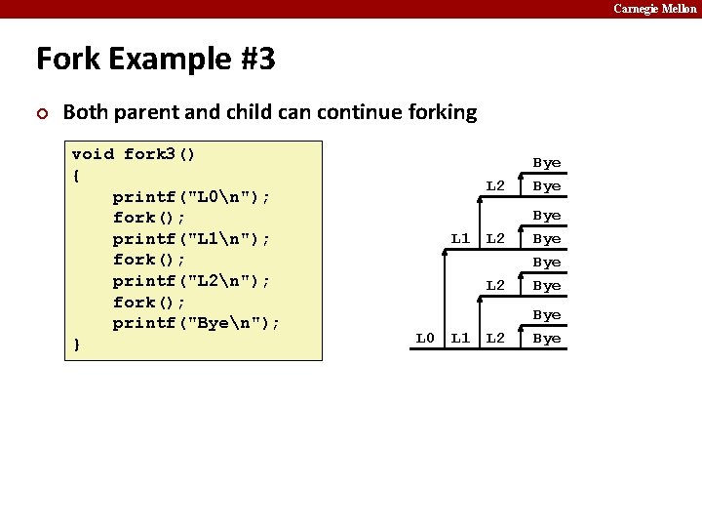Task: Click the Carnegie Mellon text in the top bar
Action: tap(655, 9)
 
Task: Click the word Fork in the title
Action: tap(68, 60)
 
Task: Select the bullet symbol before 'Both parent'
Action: tap(41, 112)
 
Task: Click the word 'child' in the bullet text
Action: tap(269, 112)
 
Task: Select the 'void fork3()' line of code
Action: tap(133, 154)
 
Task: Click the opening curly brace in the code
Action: tap(76, 176)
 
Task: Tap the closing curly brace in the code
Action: tap(76, 345)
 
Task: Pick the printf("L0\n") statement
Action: tap(191, 197)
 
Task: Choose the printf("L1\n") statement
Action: tap(191, 239)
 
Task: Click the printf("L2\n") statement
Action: tap(191, 281)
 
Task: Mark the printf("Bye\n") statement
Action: tap(196, 323)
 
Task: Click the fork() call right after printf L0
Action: tap(149, 218)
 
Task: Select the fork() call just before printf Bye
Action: tap(149, 303)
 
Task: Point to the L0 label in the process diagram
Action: tap(425, 339)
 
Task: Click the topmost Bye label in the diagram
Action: tap(546, 163)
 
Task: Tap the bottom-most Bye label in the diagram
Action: tap(546, 339)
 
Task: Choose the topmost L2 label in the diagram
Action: tap(495, 186)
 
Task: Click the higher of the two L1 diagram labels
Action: tap(460, 238)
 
